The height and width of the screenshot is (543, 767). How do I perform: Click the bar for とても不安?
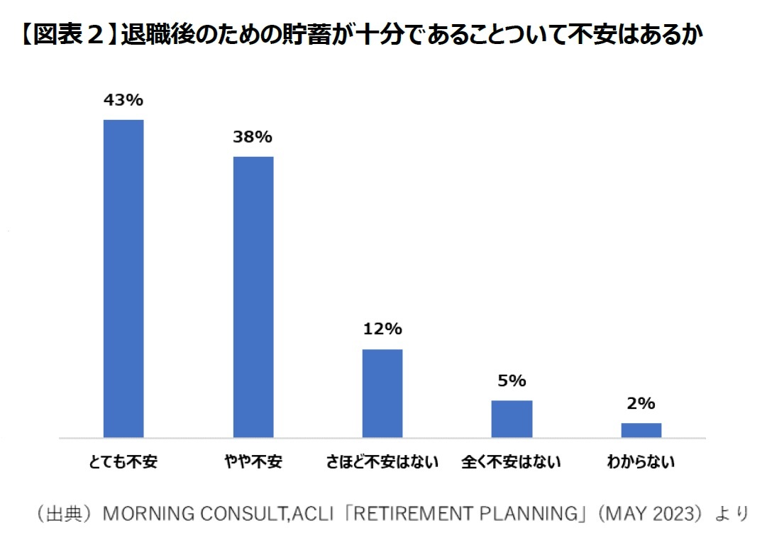123,278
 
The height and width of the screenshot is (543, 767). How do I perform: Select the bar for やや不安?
253,297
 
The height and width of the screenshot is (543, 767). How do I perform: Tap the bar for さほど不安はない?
382,393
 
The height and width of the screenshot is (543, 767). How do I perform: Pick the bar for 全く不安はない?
512,419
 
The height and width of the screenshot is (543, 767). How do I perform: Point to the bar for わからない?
641,430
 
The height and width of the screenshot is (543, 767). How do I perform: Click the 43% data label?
123,100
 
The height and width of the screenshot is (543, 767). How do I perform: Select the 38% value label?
253,137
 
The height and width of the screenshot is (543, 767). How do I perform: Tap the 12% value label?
382,329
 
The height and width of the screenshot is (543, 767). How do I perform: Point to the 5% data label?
512,381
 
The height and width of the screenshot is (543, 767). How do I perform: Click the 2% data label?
641,404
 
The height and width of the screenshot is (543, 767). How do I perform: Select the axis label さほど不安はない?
382,463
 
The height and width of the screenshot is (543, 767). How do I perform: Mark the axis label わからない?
641,463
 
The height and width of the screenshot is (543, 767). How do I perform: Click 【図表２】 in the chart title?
67,34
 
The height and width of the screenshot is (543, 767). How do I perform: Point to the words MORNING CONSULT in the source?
194,514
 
